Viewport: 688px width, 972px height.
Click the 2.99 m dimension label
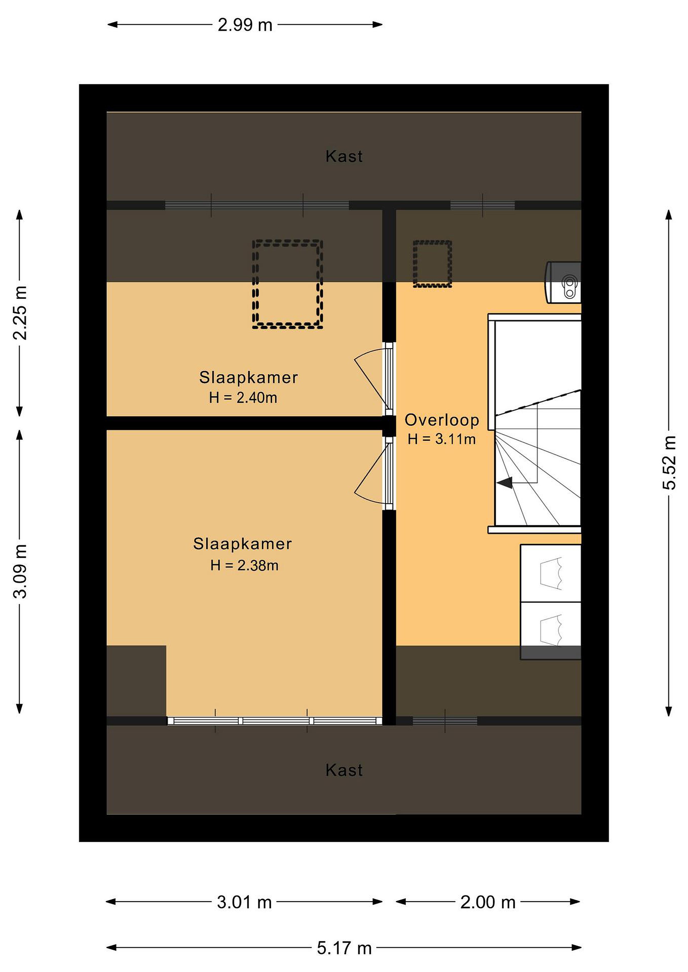[245, 25]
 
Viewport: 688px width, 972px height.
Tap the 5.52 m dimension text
[669, 463]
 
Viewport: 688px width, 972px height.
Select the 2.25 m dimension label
[20, 313]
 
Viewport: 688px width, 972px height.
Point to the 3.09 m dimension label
[20, 571]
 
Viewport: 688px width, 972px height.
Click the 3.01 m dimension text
[245, 902]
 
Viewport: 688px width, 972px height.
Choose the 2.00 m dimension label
[488, 902]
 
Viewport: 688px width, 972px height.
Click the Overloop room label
[442, 420]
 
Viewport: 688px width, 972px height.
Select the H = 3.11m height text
[442, 439]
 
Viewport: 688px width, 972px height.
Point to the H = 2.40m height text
[243, 398]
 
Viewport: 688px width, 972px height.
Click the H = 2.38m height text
[245, 566]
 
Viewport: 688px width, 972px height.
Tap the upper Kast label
[344, 157]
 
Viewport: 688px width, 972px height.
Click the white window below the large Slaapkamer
[275, 721]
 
